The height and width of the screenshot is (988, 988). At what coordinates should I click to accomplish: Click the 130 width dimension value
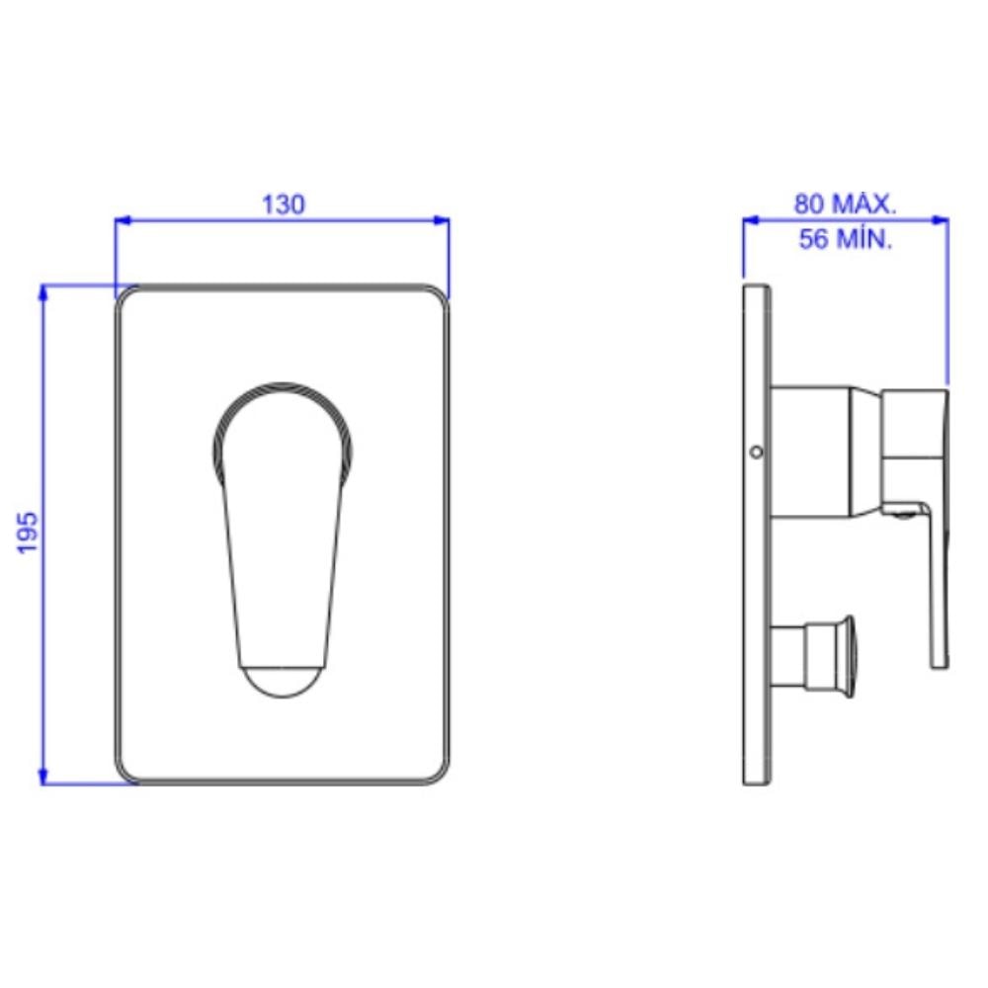click(283, 205)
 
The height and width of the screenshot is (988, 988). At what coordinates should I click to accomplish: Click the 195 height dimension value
click(29, 533)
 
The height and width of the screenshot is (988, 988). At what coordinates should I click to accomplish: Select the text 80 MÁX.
click(845, 205)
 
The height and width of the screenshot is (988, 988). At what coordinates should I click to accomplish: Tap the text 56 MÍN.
click(846, 239)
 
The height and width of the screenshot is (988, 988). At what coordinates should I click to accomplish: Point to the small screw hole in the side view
click(756, 453)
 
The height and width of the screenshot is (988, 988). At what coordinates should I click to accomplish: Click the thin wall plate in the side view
click(756, 593)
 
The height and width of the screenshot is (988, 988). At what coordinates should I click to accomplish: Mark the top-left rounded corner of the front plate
click(125, 296)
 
